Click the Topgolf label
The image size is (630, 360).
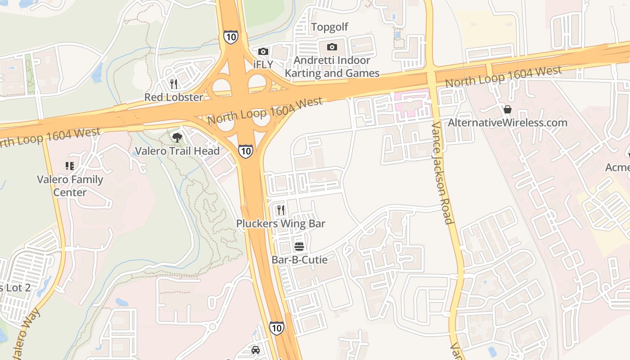click(x=330, y=27)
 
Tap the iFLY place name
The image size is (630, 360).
click(x=263, y=64)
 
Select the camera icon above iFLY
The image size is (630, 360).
click(x=263, y=52)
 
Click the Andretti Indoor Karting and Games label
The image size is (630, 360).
click(x=332, y=67)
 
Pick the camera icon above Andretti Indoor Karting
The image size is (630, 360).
click(x=332, y=47)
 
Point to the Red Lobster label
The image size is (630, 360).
click(x=174, y=97)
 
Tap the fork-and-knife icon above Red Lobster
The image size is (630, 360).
click(x=174, y=84)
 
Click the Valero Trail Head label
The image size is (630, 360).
click(x=177, y=151)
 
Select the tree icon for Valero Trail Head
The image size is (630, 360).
click(x=177, y=137)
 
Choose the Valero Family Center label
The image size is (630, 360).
click(x=70, y=186)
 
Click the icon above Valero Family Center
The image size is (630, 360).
click(x=70, y=166)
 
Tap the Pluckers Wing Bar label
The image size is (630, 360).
click(x=281, y=224)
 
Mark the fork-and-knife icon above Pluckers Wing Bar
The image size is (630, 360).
click(x=281, y=210)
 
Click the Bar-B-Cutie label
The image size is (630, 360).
click(x=299, y=260)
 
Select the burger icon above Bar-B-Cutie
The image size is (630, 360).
click(x=299, y=246)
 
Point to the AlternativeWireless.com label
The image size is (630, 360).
click(x=507, y=123)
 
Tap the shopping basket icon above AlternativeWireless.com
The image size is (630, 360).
click(x=508, y=109)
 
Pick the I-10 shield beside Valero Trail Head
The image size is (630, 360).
click(x=245, y=151)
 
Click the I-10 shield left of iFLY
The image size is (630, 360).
click(x=230, y=37)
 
